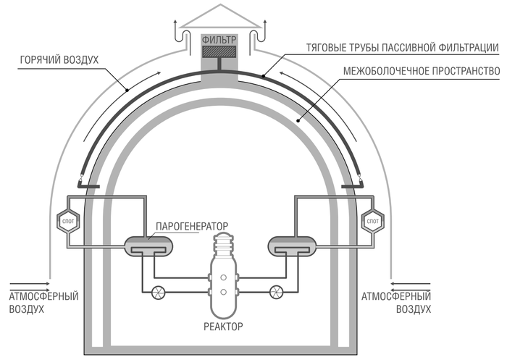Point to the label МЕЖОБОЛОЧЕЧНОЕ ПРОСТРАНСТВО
coord(419,71)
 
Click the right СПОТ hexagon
coord(374,219)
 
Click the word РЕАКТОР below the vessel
coord(222,326)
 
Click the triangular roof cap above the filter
coord(219,17)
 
